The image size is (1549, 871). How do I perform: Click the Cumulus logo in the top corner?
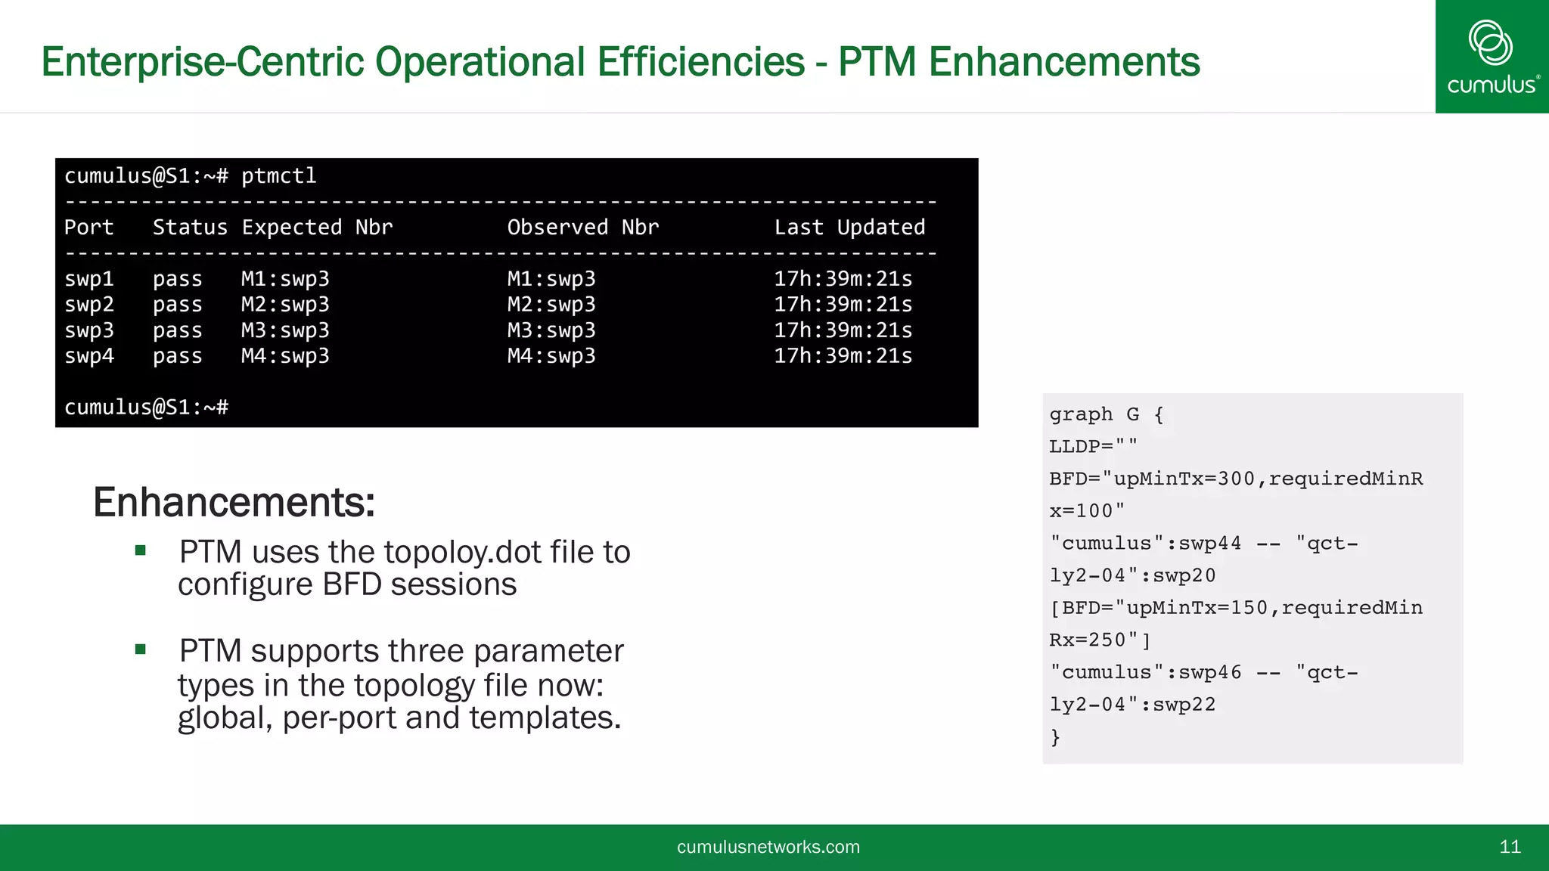point(1492,57)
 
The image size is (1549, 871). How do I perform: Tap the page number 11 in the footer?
point(1510,847)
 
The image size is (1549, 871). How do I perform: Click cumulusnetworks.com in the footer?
point(768,847)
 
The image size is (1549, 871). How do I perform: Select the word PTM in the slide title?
point(877,62)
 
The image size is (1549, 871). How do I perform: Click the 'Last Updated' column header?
point(849,228)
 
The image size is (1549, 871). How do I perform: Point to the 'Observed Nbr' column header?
point(582,228)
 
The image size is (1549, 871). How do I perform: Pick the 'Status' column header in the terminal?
point(190,228)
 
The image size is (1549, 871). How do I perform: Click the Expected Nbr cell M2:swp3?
point(285,305)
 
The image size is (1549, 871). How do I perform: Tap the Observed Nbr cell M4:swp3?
point(551,356)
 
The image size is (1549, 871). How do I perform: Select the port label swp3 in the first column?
point(89,330)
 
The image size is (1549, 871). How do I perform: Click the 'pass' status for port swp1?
point(177,279)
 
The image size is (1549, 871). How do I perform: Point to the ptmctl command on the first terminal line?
point(278,176)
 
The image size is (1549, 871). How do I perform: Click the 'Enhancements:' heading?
point(234,502)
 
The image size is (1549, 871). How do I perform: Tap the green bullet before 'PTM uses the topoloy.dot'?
point(140,550)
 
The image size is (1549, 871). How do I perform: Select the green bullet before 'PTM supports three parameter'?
point(140,649)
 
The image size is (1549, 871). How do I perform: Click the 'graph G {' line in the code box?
point(1106,414)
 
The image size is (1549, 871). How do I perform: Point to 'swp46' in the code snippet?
point(1209,672)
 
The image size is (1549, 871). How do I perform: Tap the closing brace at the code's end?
point(1055,737)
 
